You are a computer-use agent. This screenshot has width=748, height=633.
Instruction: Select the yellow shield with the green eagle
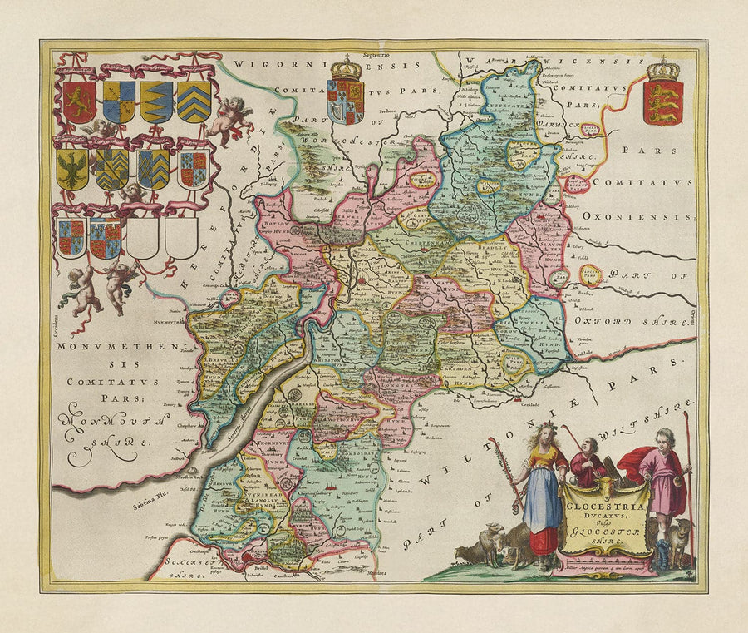[71, 169]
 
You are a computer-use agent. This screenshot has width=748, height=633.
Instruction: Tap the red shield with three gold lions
[663, 102]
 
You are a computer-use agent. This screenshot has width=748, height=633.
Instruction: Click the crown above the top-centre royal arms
[346, 67]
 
